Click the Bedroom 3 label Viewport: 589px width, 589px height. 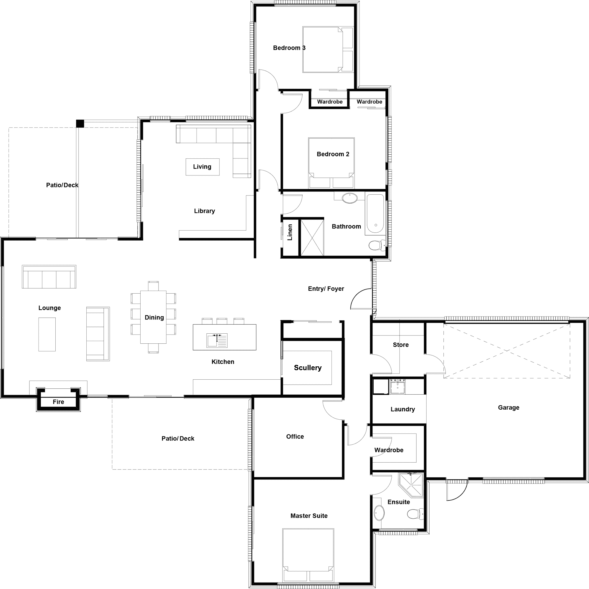pyautogui.click(x=289, y=48)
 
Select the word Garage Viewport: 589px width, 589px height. pyautogui.click(x=509, y=407)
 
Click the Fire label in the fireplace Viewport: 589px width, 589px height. pyautogui.click(x=58, y=402)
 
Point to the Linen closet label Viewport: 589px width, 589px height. pyautogui.click(x=290, y=232)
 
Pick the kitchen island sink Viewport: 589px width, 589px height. pyautogui.click(x=217, y=340)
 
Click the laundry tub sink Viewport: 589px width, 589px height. pyautogui.click(x=398, y=387)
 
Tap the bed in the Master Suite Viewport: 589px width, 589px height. pyautogui.click(x=308, y=555)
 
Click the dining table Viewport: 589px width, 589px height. pyautogui.click(x=153, y=317)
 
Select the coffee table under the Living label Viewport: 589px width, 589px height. pyautogui.click(x=202, y=167)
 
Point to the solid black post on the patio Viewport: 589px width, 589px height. pyautogui.click(x=80, y=123)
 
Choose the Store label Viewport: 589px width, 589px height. pyautogui.click(x=400, y=345)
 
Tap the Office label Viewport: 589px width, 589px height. pyautogui.click(x=295, y=436)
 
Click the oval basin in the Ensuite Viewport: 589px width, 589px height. pyautogui.click(x=379, y=513)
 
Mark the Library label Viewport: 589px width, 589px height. pyautogui.click(x=204, y=211)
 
